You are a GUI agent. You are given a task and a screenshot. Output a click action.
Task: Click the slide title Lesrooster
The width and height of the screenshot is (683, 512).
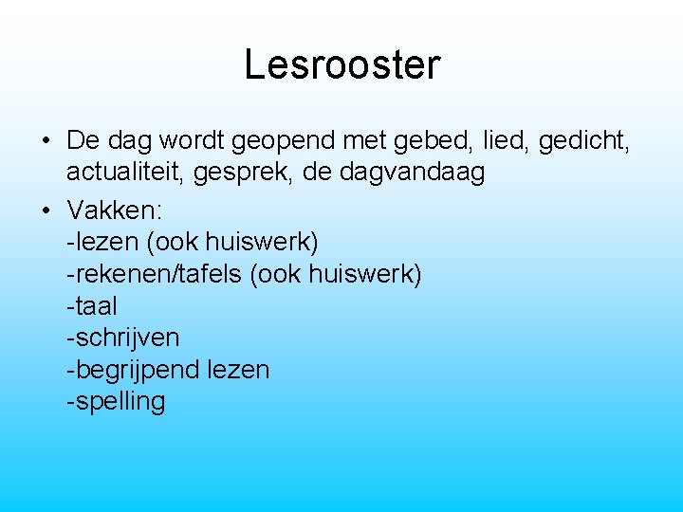[x=341, y=64]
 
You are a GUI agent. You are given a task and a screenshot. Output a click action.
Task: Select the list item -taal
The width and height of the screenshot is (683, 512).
[x=92, y=305]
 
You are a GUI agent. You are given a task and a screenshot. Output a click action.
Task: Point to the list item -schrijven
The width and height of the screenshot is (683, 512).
[x=122, y=338]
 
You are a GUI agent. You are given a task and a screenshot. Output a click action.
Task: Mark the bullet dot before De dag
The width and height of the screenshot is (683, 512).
[x=46, y=142]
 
